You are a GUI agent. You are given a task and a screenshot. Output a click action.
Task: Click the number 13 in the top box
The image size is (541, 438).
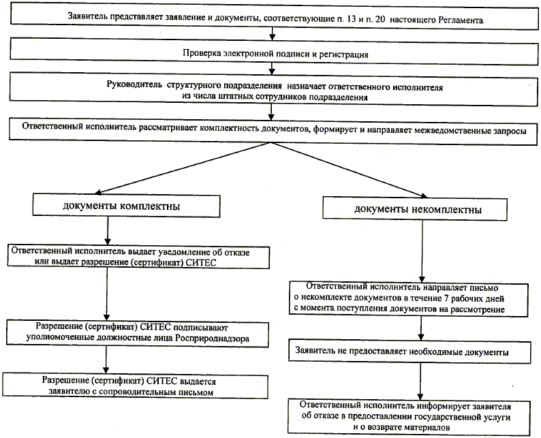(x=350, y=20)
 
